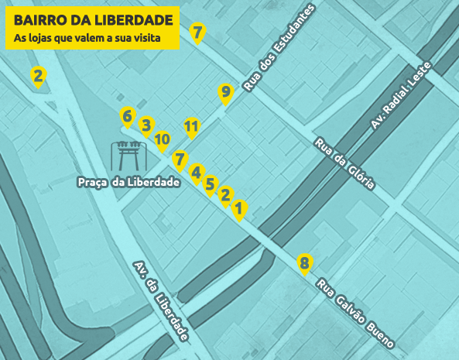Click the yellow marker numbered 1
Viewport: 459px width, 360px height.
point(239,208)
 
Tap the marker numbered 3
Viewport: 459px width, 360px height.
point(146,125)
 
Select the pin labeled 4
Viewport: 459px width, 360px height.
point(197,172)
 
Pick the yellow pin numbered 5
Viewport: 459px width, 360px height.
point(210,183)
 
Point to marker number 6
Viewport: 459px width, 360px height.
point(127,117)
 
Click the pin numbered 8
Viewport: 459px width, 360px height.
point(304,263)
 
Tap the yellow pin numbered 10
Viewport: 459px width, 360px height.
point(163,140)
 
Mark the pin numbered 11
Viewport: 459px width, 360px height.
point(192,126)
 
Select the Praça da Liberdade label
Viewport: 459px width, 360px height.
point(128,182)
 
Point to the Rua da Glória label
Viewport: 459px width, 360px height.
point(344,164)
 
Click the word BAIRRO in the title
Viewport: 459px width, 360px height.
point(39,20)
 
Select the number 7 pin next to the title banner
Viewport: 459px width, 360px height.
point(197,33)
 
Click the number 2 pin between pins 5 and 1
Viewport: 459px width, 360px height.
point(226,195)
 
